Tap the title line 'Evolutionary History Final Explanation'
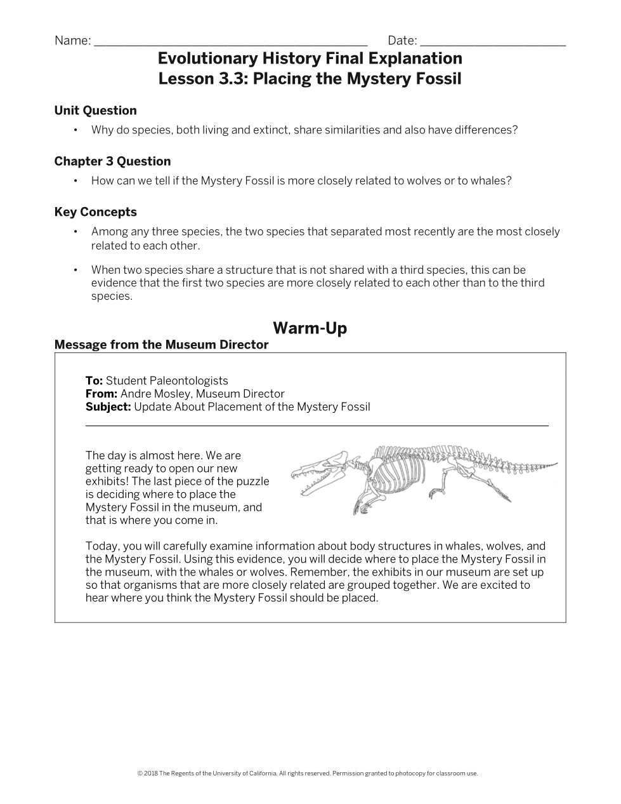(x=310, y=58)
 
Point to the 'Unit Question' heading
(x=95, y=111)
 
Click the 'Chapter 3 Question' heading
(x=112, y=161)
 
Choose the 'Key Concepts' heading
(x=95, y=212)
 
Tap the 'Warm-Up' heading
(x=310, y=328)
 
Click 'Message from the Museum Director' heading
(x=161, y=345)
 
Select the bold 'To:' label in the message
(x=94, y=381)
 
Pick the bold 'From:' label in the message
(x=101, y=394)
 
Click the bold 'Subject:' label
(x=108, y=407)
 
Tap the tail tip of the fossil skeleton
(x=554, y=466)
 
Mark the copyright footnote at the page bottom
(x=308, y=774)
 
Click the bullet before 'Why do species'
(x=75, y=130)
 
